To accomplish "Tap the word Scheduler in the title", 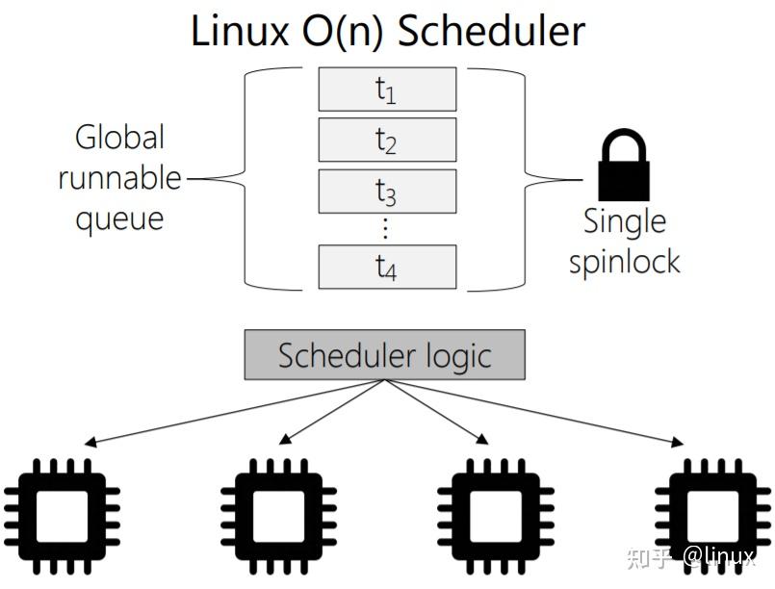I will pyautogui.click(x=491, y=31).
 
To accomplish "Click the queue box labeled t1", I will pyautogui.click(x=387, y=90).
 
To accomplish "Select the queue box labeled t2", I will pyautogui.click(x=387, y=141).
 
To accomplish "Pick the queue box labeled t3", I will pyautogui.click(x=387, y=192).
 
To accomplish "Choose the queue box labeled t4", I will pyautogui.click(x=387, y=267).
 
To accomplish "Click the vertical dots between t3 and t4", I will pyautogui.click(x=386, y=228).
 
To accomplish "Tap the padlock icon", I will pyautogui.click(x=625, y=166).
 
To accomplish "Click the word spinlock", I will pyautogui.click(x=625, y=262).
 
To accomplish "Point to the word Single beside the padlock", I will pyautogui.click(x=625, y=221).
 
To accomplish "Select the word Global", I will pyautogui.click(x=120, y=138).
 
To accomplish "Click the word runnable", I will pyautogui.click(x=120, y=178).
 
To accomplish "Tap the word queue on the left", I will pyautogui.click(x=120, y=219).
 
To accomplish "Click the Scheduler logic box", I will pyautogui.click(x=385, y=355).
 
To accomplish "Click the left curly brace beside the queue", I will pyautogui.click(x=255, y=178).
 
